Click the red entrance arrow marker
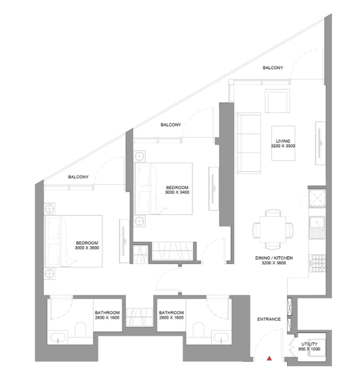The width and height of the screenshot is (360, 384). click(x=270, y=359)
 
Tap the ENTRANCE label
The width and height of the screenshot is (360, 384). click(x=269, y=319)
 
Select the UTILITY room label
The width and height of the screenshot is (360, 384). click(x=309, y=344)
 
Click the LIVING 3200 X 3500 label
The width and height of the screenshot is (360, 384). click(x=283, y=143)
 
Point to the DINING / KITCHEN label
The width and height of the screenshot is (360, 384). click(x=274, y=261)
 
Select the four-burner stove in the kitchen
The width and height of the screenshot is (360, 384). click(x=318, y=263)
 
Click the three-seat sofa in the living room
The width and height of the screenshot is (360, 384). click(x=248, y=143)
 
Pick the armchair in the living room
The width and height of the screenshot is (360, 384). click(x=278, y=101)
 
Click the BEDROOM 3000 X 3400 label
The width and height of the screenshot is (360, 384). click(x=177, y=190)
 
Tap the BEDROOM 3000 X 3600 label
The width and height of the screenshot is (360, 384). click(x=87, y=246)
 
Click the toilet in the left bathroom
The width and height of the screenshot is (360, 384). click(x=81, y=329)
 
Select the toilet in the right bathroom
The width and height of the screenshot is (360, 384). click(x=198, y=329)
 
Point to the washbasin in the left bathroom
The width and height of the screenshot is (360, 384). click(x=58, y=337)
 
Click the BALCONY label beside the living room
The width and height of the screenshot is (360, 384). click(x=273, y=68)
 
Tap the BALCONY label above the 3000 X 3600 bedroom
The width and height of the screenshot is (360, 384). click(x=78, y=177)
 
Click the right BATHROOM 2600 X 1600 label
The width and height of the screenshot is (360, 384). click(x=171, y=315)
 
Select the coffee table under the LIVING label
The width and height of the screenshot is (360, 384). click(x=283, y=143)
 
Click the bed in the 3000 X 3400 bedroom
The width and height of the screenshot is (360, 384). click(x=164, y=189)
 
